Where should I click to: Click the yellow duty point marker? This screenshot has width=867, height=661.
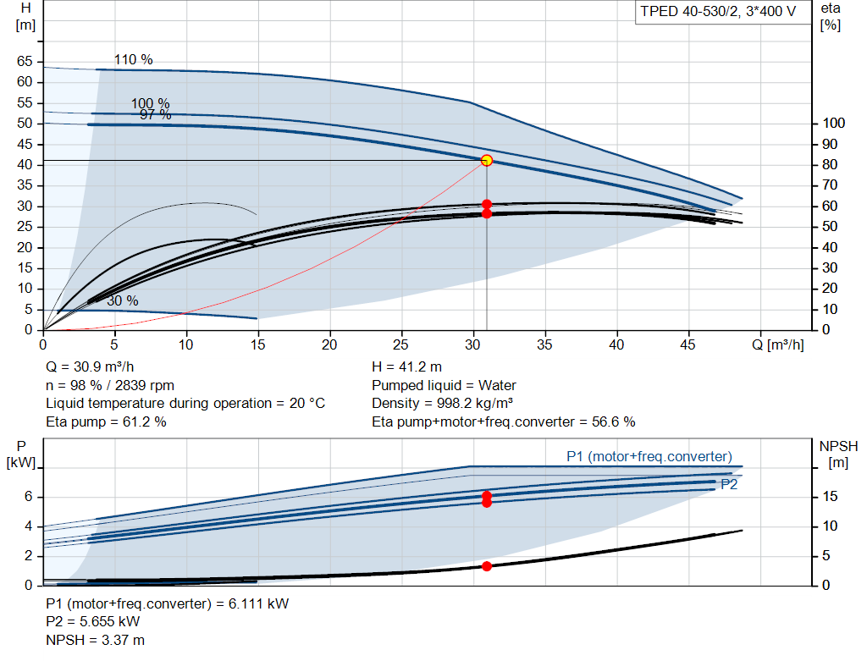[487, 160]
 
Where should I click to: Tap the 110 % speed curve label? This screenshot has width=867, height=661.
[133, 60]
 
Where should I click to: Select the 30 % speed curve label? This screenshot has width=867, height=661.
[122, 300]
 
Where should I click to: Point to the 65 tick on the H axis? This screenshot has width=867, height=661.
[25, 61]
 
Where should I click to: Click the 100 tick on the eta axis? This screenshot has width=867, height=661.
[833, 124]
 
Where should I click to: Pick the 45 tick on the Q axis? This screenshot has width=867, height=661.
[688, 344]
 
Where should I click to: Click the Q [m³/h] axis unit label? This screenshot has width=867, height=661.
[777, 344]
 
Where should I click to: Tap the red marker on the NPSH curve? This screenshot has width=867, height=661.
[487, 566]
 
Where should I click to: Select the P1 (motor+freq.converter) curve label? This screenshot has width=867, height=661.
[649, 456]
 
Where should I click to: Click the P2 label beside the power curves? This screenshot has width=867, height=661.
[729, 485]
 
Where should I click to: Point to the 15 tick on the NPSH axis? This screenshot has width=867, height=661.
[830, 496]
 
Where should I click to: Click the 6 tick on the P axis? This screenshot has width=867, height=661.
[28, 496]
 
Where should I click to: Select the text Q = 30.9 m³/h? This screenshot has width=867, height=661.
[90, 367]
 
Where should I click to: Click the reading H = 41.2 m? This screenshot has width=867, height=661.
[406, 367]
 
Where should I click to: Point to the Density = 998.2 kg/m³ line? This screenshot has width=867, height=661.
[442, 404]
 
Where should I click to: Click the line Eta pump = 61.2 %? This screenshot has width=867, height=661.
[106, 422]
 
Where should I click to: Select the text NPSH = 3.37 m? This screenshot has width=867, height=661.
[95, 640]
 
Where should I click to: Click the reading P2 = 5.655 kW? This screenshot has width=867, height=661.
[93, 622]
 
